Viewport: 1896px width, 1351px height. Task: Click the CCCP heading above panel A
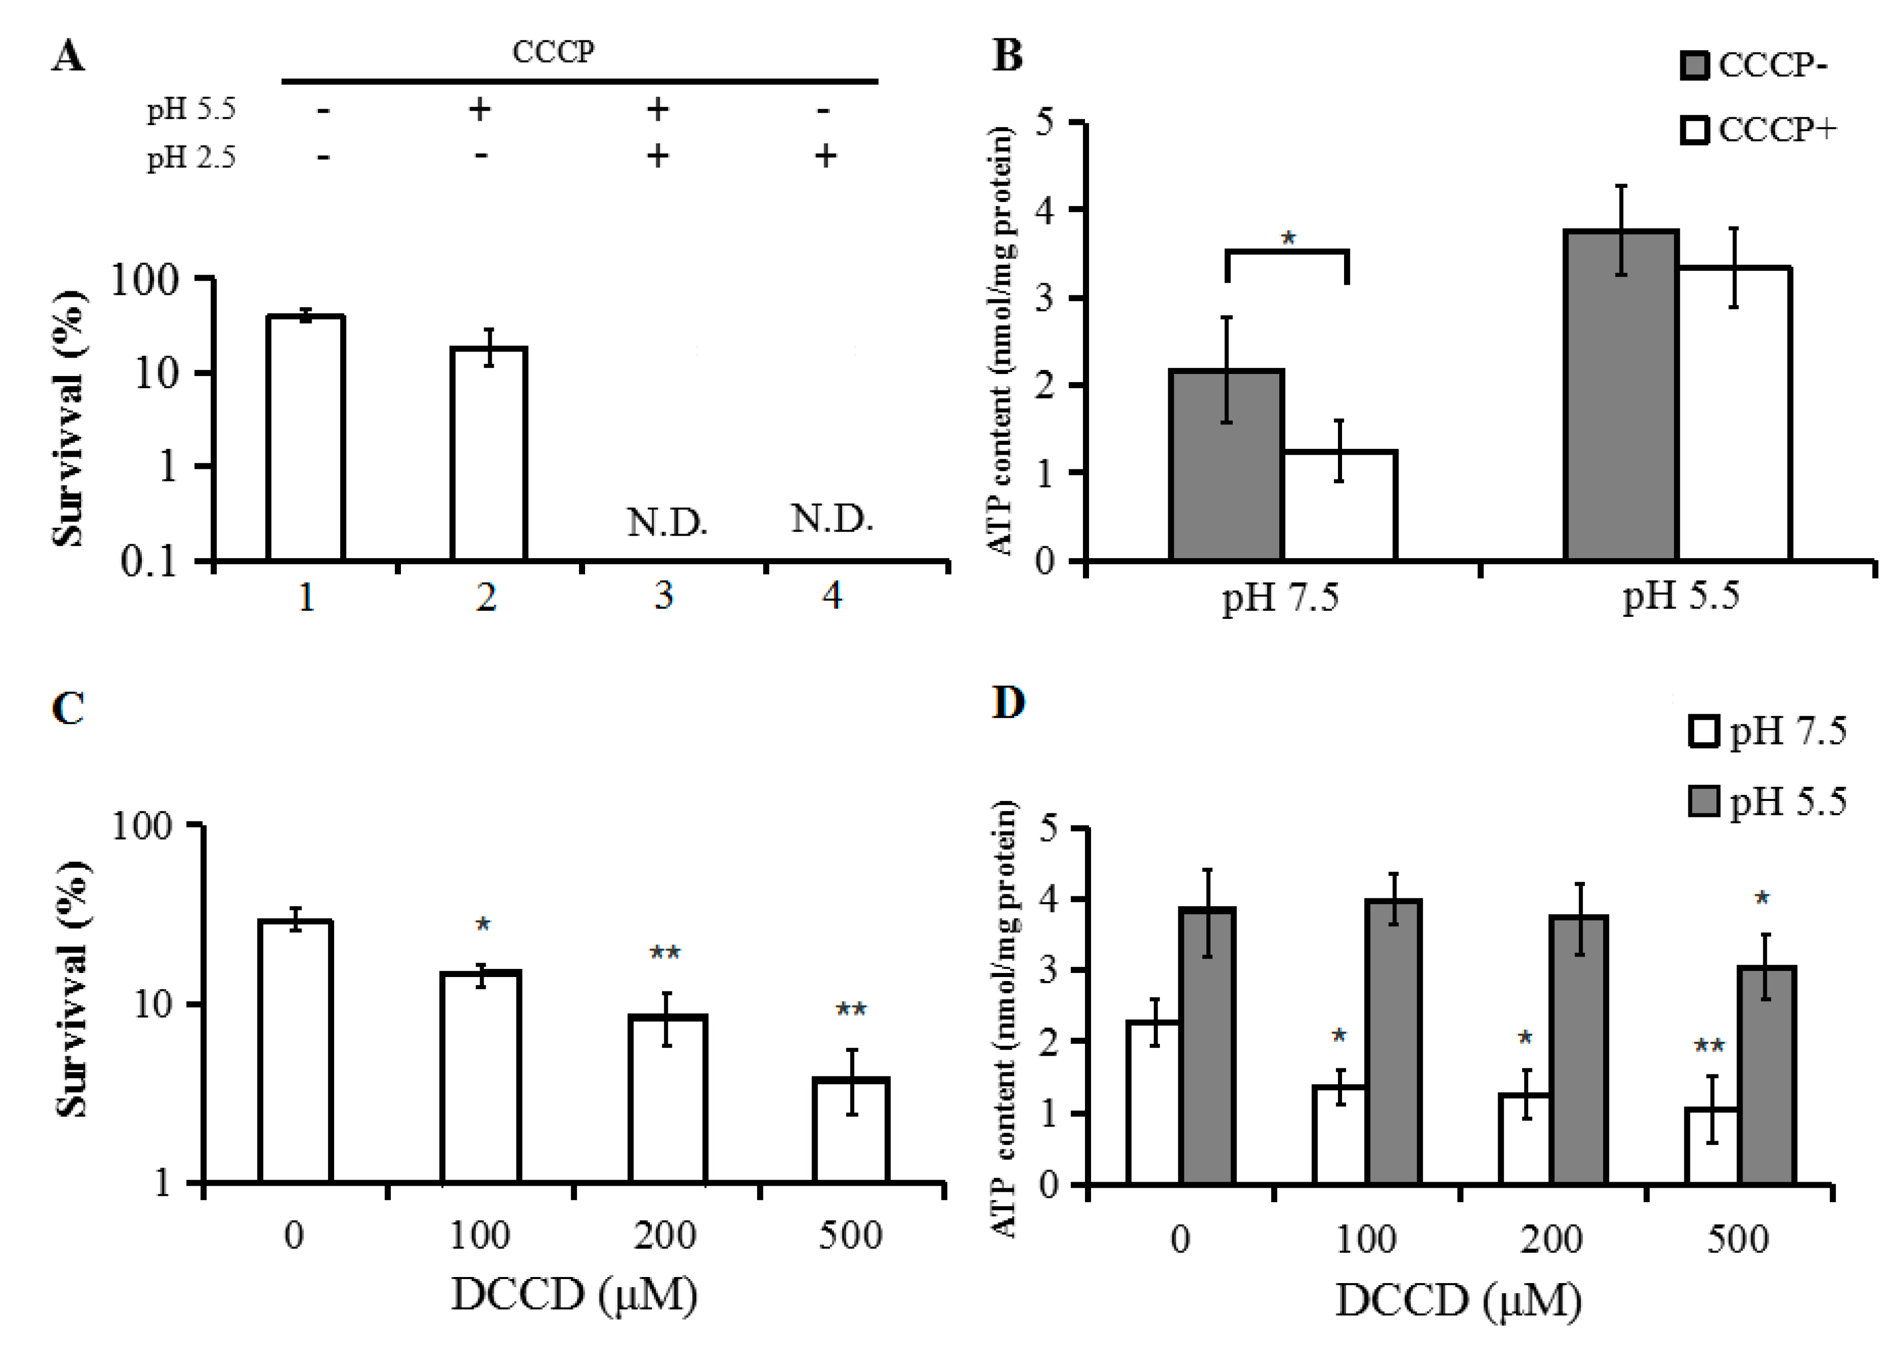coord(553,52)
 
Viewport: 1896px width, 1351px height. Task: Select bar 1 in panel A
coord(305,438)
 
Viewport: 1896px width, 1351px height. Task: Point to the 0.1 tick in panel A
coord(149,562)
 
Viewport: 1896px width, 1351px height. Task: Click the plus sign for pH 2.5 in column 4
coord(825,156)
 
